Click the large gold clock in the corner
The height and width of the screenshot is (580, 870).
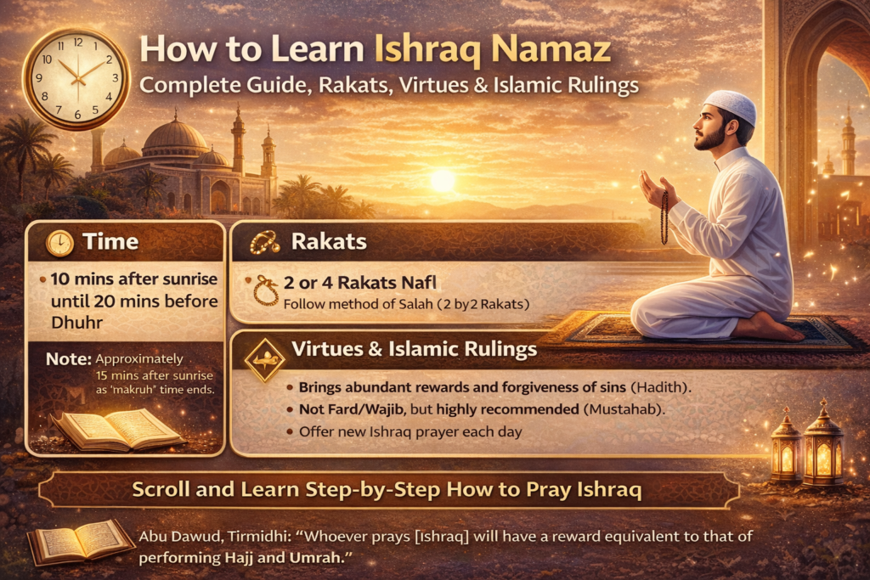[76, 77]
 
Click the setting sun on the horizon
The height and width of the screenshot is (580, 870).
[442, 180]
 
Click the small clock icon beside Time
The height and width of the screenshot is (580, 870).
[59, 244]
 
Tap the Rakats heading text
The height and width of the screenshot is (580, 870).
[329, 242]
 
